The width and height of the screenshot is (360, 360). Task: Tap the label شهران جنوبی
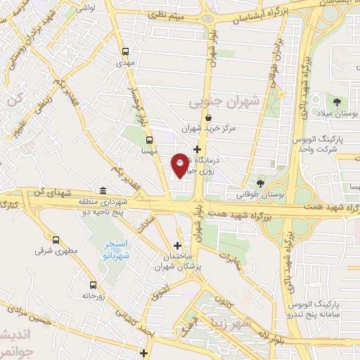tap(224, 102)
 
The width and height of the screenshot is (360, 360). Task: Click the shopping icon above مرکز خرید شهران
tap(226, 117)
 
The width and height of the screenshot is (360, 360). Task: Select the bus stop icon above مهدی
tap(126, 51)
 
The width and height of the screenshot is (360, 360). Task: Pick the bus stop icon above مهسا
tap(148, 139)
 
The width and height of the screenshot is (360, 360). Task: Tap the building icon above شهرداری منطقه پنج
tap(103, 191)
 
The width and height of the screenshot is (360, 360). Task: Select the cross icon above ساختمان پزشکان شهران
tap(177, 245)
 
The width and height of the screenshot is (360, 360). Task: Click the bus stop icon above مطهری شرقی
tap(56, 239)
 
